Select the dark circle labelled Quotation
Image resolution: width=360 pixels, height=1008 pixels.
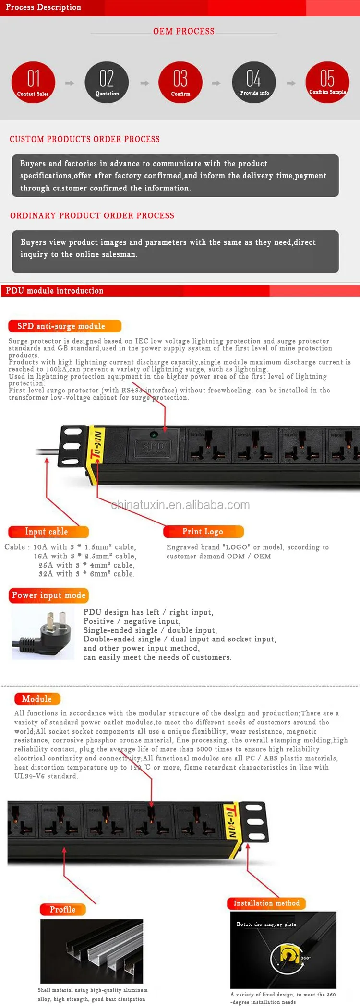pos(107,82)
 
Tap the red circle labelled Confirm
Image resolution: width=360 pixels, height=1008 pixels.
pos(180,82)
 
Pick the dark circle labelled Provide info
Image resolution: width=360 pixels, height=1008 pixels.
pos(254,82)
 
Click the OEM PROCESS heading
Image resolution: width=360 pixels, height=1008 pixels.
pos(184,31)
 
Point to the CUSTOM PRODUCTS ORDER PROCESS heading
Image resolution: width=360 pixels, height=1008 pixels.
pos(84,139)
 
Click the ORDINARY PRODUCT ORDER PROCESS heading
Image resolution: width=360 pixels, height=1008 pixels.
pos(92,215)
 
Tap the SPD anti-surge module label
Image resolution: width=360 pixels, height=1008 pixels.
pos(65,326)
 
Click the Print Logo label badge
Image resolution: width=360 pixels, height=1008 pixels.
pos(204,532)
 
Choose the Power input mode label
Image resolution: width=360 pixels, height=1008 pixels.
pos(48,595)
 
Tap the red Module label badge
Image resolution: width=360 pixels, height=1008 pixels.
pos(37,699)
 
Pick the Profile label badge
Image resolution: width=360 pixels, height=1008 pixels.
pos(62,909)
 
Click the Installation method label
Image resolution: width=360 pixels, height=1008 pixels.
pos(266,903)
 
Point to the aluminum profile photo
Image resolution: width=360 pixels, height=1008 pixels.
pos(92,951)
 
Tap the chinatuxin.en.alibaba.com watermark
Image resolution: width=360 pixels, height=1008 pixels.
pos(180,505)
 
